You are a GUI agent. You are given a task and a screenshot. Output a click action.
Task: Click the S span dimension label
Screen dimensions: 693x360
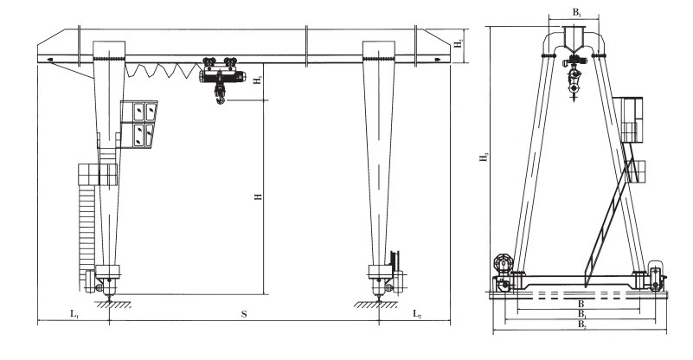(243, 314)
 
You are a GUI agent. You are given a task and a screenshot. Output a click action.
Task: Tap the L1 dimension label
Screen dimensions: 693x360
(74, 314)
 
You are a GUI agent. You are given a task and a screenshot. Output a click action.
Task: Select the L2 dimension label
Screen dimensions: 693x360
(417, 314)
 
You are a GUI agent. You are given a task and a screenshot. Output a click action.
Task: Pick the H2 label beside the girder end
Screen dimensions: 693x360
(459, 43)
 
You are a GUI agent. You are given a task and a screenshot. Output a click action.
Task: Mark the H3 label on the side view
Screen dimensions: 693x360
(484, 157)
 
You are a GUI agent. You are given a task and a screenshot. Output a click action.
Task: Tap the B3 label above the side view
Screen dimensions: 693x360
(576, 13)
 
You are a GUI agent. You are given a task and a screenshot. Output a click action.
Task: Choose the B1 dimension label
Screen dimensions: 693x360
(582, 314)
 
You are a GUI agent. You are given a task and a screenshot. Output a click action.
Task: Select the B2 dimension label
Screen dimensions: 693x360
(582, 325)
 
